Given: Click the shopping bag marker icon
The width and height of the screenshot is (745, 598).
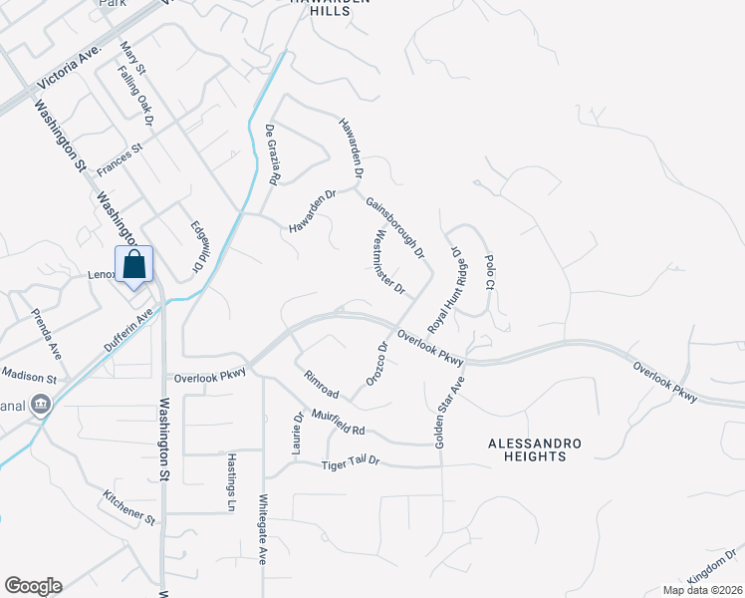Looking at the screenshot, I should (133, 265).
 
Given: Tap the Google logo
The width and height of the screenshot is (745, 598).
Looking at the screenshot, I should (33, 586).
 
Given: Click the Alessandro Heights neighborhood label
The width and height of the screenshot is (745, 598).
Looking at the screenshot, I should (528, 449).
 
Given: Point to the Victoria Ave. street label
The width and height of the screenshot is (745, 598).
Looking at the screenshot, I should (69, 62).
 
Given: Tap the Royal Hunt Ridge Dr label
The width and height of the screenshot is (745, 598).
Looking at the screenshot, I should (447, 292).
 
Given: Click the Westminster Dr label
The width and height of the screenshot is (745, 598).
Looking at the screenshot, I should (387, 263).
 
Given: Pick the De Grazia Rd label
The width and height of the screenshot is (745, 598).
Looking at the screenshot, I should (271, 155).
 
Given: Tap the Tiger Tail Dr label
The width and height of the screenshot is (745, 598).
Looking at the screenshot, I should (352, 463).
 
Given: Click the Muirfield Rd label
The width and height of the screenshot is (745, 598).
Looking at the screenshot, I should (339, 422).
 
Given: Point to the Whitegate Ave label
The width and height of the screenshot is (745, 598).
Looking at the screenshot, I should (263, 529).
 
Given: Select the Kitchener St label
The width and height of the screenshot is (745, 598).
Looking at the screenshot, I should (129, 506).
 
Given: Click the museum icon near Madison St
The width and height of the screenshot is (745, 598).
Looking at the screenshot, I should (42, 405).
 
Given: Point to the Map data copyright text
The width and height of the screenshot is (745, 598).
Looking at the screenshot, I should (701, 589).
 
